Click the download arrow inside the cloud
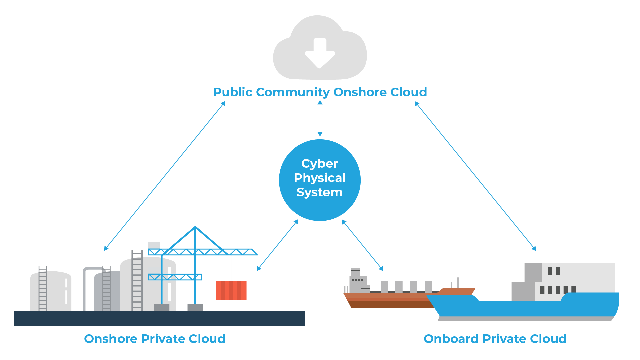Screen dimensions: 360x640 (320, 53)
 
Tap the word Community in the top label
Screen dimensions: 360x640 (293, 92)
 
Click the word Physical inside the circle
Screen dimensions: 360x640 (320, 178)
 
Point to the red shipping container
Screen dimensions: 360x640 (231, 290)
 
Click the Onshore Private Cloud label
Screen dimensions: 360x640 (155, 339)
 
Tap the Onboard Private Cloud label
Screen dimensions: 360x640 (495, 339)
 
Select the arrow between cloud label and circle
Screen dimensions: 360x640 (320, 118)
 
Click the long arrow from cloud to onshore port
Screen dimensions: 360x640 (165, 176)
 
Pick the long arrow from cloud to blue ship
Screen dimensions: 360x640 (475, 176)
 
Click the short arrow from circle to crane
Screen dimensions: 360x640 (277, 245)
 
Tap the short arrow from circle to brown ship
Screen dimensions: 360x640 (363, 245)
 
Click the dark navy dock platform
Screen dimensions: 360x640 (159, 318)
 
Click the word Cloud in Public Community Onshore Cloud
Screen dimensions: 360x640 (409, 92)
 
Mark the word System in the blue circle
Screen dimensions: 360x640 (320, 192)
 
